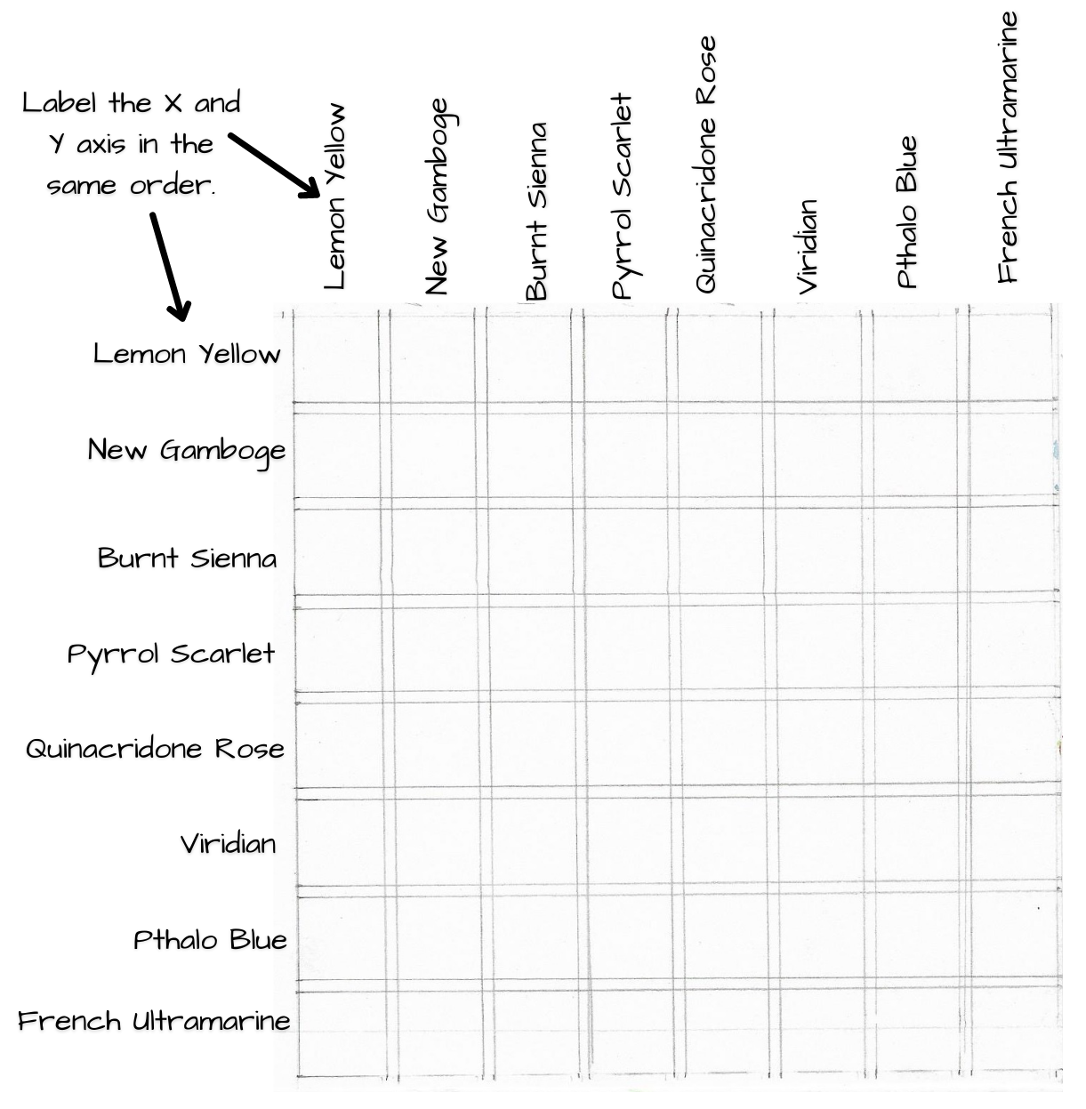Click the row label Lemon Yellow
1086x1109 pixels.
click(x=187, y=353)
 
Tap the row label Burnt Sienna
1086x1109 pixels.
click(x=187, y=558)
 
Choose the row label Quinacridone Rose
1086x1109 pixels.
click(x=155, y=749)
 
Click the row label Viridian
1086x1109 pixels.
click(x=228, y=844)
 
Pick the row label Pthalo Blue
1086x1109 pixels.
click(x=210, y=940)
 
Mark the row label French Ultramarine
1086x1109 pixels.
click(x=154, y=1021)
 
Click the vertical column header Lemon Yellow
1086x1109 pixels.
click(x=334, y=197)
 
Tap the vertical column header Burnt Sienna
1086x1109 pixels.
click(x=536, y=211)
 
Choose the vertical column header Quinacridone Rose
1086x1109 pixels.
click(x=705, y=165)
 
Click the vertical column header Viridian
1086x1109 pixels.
click(x=807, y=246)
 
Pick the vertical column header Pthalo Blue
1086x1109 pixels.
click(x=906, y=212)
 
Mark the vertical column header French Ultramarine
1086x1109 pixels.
click(x=1008, y=148)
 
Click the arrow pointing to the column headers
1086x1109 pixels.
click(x=274, y=165)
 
